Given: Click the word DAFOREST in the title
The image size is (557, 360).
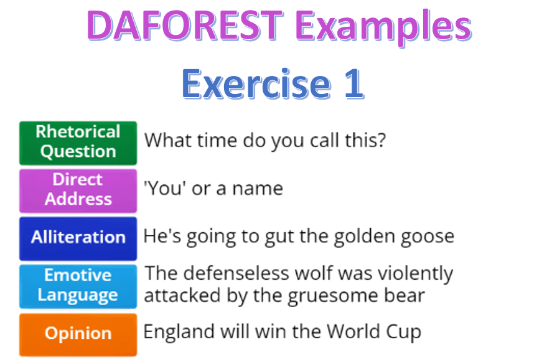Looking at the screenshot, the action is [185, 25].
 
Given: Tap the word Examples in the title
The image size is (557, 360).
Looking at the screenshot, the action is [383, 27].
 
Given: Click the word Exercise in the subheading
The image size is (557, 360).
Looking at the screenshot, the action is [256, 83].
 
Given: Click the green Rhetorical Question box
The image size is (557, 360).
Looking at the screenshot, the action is [78, 143].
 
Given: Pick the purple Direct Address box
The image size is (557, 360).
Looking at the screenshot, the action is [78, 191].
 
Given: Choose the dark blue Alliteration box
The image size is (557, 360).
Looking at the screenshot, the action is [78, 239].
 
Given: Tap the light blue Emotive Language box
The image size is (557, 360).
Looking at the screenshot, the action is [78, 286].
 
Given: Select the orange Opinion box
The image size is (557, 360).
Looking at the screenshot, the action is [78, 334].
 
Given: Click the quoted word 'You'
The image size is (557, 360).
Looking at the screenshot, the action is [165, 188].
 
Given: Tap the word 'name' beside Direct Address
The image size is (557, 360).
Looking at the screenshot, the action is [258, 189].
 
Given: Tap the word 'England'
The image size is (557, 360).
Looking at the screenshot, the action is [179, 332].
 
